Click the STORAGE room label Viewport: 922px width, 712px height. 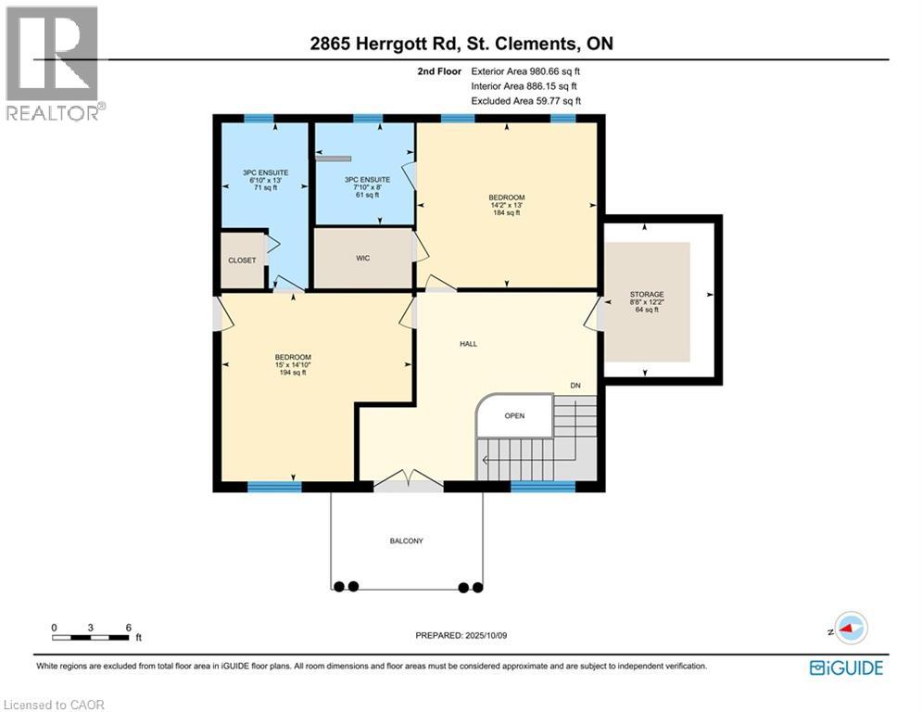point(648,294)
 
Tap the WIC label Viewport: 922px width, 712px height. point(363,258)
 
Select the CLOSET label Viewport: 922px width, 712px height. point(242,261)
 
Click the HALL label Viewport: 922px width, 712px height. point(468,343)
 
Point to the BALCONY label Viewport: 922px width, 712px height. point(406,540)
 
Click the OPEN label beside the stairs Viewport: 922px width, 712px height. point(514,415)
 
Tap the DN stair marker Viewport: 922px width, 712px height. point(575,385)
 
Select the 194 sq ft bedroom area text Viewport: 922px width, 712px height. point(292,373)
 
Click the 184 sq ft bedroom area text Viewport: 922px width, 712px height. point(507,213)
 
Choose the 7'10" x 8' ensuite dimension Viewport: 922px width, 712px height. point(366,187)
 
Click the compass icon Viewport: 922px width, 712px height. point(849,628)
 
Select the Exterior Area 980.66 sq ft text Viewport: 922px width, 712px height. point(526,71)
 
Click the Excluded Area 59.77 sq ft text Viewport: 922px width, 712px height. point(526,101)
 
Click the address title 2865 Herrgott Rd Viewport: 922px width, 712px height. point(460,44)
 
